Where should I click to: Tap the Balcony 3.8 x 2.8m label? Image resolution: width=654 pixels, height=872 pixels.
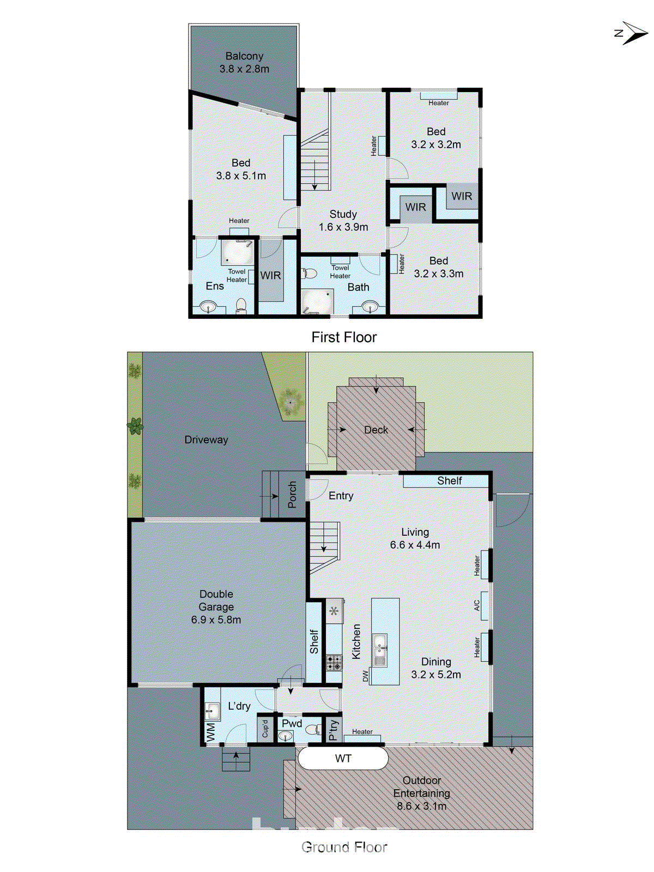[x=244, y=63]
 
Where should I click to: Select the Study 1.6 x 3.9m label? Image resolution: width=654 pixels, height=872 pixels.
[x=343, y=221]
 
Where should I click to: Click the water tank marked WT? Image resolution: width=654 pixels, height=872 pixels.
[x=343, y=758]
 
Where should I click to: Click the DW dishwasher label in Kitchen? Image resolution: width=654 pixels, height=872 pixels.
[x=366, y=676]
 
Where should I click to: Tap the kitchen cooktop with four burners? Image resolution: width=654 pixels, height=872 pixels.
[x=334, y=663]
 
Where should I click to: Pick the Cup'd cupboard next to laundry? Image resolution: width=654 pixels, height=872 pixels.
[x=265, y=728]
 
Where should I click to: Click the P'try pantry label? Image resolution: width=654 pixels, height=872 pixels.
[x=334, y=729]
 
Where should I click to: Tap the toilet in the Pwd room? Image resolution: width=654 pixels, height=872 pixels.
[x=313, y=729]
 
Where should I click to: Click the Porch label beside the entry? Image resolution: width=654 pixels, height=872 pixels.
[x=292, y=494]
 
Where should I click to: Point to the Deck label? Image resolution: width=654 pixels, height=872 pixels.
[x=376, y=430]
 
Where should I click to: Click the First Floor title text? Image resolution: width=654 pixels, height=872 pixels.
[x=344, y=337]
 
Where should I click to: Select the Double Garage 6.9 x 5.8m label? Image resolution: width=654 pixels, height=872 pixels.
[x=216, y=607]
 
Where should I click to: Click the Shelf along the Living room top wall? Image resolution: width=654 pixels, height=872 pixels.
[x=449, y=481]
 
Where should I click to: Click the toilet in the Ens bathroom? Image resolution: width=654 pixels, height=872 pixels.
[x=241, y=306]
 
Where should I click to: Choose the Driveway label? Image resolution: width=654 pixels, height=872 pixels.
[x=206, y=440]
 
